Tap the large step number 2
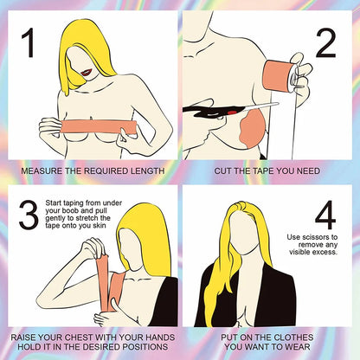click(x=326, y=43)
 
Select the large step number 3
click(x=29, y=215)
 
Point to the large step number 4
click(x=325, y=215)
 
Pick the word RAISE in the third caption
click(x=23, y=337)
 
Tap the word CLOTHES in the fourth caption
click(x=293, y=337)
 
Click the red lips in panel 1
click(x=87, y=72)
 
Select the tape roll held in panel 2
click(x=280, y=75)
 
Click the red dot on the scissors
click(x=234, y=112)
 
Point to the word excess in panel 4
click(x=326, y=252)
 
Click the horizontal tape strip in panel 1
click(x=100, y=127)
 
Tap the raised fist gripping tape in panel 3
click(x=93, y=247)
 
